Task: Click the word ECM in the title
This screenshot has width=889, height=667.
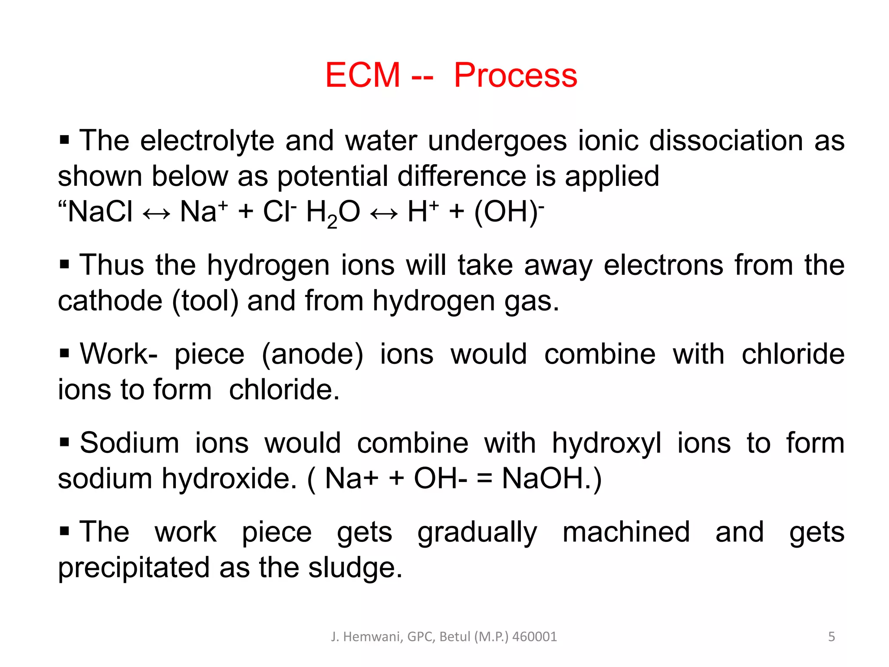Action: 362,75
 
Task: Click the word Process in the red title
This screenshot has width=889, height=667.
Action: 515,75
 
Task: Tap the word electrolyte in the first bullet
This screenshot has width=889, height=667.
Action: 207,141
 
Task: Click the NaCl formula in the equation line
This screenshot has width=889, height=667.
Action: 100,212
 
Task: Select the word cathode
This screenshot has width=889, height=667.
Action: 110,301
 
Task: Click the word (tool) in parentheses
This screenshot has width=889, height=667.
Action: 205,301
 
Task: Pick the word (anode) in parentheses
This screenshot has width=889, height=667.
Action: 313,354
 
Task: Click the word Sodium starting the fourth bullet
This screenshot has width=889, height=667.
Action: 129,443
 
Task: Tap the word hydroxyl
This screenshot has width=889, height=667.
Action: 606,443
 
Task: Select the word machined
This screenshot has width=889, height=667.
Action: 626,532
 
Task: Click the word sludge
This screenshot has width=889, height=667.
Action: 355,568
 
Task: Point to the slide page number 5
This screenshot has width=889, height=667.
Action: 831,637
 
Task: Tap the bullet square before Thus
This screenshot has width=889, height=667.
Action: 64,264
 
